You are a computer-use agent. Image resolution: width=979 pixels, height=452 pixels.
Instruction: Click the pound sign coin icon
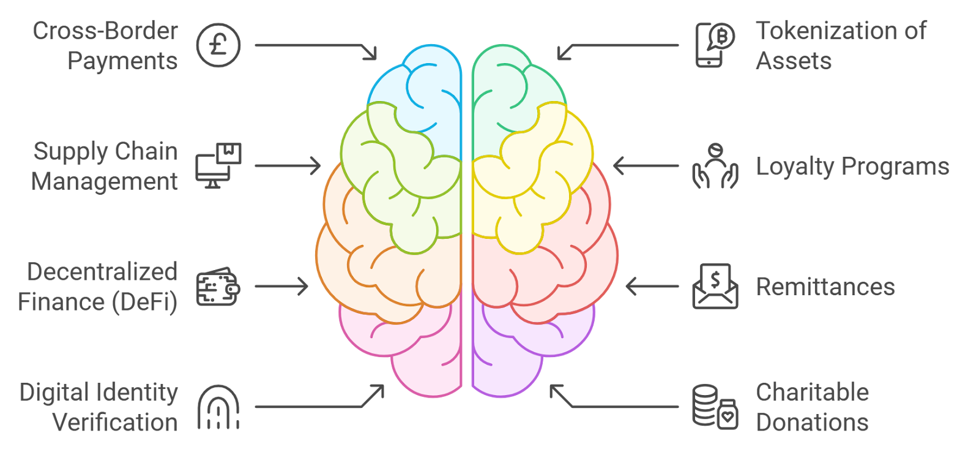coord(218,45)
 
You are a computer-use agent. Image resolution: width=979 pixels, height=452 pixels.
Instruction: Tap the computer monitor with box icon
coord(218,165)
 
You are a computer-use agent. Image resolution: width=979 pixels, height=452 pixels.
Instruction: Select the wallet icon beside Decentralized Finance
coord(218,287)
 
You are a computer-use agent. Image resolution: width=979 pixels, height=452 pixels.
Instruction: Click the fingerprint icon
coord(218,407)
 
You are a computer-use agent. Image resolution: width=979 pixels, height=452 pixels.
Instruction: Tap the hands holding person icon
coord(715,166)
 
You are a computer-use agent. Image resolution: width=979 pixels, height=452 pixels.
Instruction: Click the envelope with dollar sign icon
coord(715,286)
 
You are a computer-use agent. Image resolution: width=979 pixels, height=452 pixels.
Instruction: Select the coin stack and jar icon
coord(715,407)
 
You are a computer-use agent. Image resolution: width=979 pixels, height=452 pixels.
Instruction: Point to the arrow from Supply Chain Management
coord(288,165)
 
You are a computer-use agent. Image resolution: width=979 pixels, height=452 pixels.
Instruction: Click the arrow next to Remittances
coord(652,286)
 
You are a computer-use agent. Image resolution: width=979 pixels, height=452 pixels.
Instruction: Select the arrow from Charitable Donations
coord(614,404)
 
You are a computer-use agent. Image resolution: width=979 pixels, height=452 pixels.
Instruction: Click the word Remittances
coord(825,287)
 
